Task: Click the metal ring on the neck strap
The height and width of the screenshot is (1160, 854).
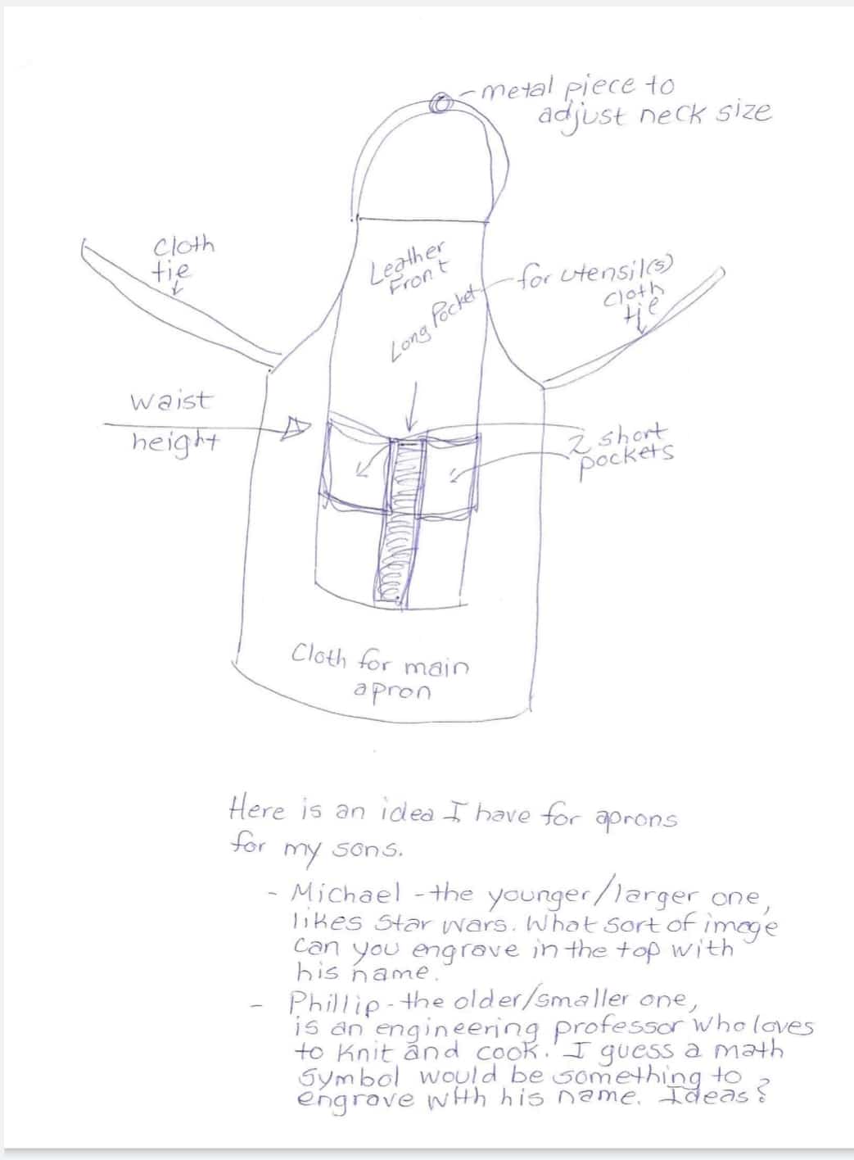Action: click(x=442, y=103)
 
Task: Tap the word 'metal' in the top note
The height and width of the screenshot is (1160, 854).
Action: click(x=517, y=88)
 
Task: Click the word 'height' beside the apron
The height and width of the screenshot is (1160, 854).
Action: click(x=175, y=442)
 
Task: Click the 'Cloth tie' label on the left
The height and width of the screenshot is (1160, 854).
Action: click(x=182, y=258)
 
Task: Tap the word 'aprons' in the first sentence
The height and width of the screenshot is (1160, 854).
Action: click(x=635, y=819)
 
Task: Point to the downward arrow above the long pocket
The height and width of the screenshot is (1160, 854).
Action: click(x=411, y=407)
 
